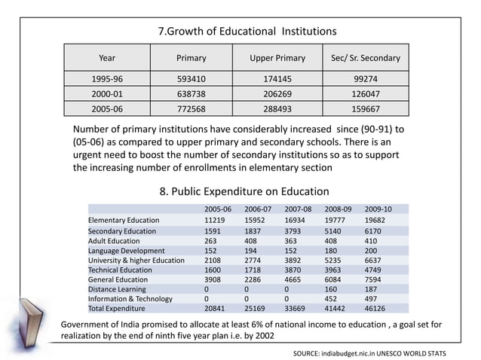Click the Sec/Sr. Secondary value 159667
(366, 108)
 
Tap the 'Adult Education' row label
(114, 241)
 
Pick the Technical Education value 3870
(296, 270)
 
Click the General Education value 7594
(376, 279)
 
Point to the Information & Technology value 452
(332, 297)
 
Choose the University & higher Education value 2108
(214, 261)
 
